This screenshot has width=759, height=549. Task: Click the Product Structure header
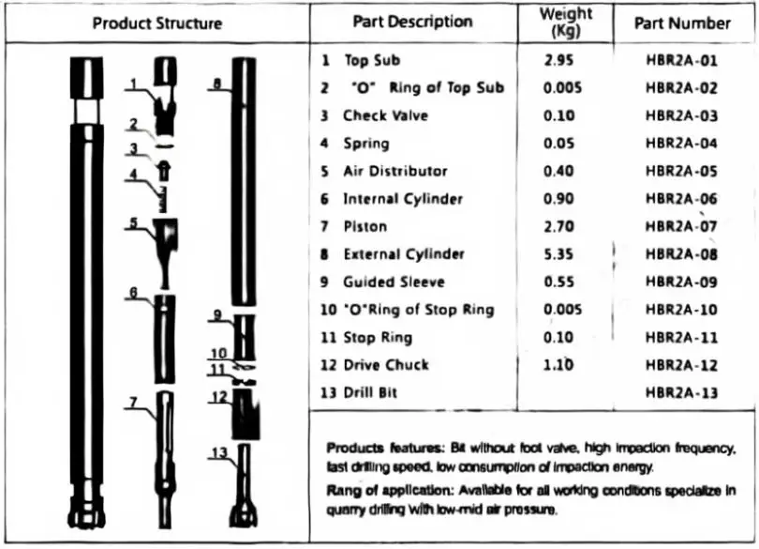(x=156, y=23)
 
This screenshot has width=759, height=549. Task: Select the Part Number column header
(x=682, y=23)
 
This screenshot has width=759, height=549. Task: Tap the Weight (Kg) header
(x=566, y=22)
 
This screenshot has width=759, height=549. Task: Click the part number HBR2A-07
(x=682, y=226)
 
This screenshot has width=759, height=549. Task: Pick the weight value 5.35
(x=559, y=254)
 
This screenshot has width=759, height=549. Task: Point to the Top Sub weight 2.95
(x=559, y=61)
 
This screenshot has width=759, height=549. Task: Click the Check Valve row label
(x=385, y=116)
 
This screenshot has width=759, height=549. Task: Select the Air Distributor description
(x=394, y=172)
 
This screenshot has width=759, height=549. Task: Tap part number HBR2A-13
(x=682, y=393)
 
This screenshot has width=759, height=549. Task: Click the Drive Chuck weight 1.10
(x=559, y=365)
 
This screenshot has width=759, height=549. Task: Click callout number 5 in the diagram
(x=135, y=223)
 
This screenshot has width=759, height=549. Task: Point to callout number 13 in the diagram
(x=218, y=453)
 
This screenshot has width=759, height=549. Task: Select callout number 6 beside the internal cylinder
(x=135, y=292)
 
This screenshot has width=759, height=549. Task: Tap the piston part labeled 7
(x=166, y=450)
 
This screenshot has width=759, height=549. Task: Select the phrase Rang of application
(x=384, y=490)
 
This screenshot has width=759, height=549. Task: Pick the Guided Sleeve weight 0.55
(x=559, y=282)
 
